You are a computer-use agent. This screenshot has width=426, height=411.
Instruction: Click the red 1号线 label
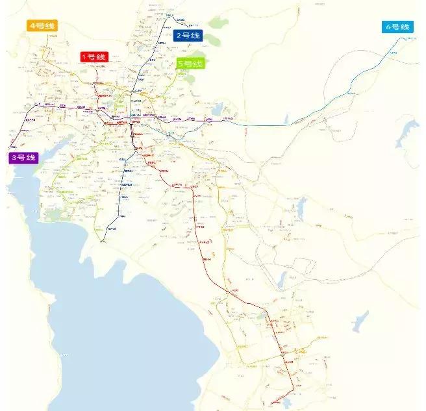coord(92,56)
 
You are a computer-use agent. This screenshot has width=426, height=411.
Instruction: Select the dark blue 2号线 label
coord(188,36)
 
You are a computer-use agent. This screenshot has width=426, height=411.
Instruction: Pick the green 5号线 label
coord(190,64)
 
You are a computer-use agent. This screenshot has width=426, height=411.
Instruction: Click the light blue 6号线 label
coord(397,27)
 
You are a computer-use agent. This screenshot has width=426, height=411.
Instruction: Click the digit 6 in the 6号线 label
coord(388,27)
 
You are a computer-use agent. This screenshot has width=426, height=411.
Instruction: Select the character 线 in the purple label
coord(32,158)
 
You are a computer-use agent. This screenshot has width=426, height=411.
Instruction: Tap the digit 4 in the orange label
coord(32,26)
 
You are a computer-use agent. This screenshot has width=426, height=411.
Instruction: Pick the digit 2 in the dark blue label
coord(179,36)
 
